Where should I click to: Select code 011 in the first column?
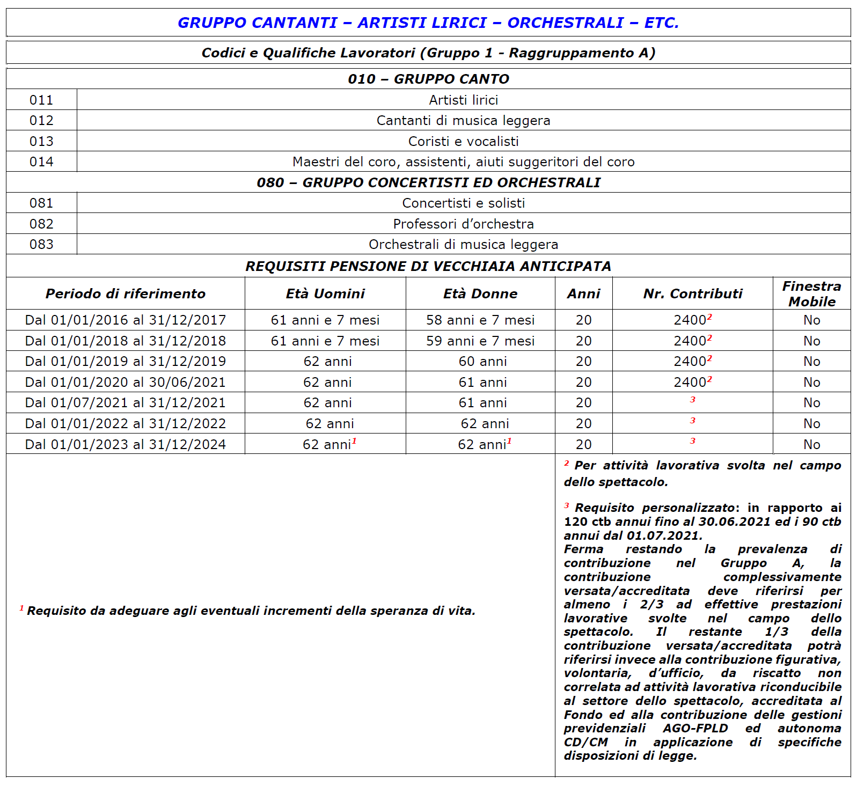pyautogui.click(x=41, y=100)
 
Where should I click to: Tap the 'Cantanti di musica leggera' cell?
pyautogui.click(x=463, y=120)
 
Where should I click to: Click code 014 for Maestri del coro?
pyautogui.click(x=41, y=161)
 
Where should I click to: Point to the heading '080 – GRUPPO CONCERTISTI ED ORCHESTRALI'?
pyautogui.click(x=428, y=182)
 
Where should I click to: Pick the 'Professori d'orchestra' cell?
pyautogui.click(x=463, y=224)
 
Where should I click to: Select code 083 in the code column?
pyautogui.click(x=41, y=244)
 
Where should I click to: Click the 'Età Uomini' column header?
pyautogui.click(x=325, y=293)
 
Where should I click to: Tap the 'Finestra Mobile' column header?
pyautogui.click(x=811, y=293)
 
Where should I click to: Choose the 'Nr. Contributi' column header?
pyautogui.click(x=692, y=293)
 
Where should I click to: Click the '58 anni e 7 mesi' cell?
pyautogui.click(x=480, y=320)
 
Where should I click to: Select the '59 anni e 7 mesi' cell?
pyautogui.click(x=480, y=341)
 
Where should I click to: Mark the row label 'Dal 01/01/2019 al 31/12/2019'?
pyautogui.click(x=126, y=361)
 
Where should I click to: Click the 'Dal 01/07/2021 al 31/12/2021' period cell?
pyautogui.click(x=126, y=402)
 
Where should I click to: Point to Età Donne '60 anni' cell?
pyautogui.click(x=482, y=361)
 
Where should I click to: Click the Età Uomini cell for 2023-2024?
pyautogui.click(x=327, y=444)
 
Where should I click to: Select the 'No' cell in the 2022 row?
pyautogui.click(x=811, y=423)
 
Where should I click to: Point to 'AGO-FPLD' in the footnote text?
pyautogui.click(x=695, y=728)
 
